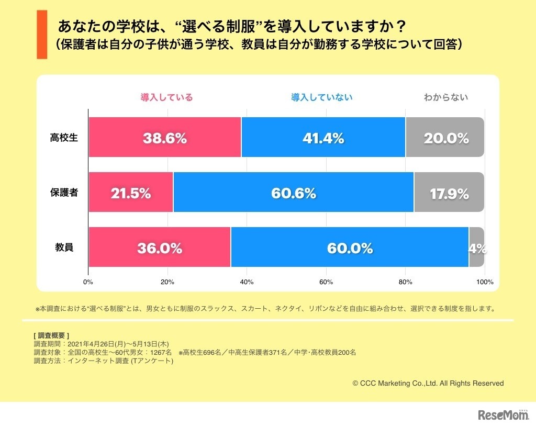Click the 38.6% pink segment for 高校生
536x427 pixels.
(x=164, y=137)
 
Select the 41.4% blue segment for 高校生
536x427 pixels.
(x=323, y=137)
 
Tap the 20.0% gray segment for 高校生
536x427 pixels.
(x=445, y=137)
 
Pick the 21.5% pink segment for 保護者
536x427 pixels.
(x=131, y=192)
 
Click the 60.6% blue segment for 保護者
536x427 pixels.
(x=293, y=192)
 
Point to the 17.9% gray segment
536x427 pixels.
(x=449, y=192)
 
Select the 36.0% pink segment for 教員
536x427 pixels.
(x=159, y=247)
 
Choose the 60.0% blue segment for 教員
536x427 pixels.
(x=349, y=247)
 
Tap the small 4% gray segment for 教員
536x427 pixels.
(x=476, y=247)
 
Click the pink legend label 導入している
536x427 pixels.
(x=166, y=97)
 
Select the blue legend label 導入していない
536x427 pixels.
(x=322, y=97)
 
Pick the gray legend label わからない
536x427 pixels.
(x=446, y=97)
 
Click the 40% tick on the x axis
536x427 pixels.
(x=247, y=282)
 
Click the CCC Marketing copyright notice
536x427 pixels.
(x=428, y=384)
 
